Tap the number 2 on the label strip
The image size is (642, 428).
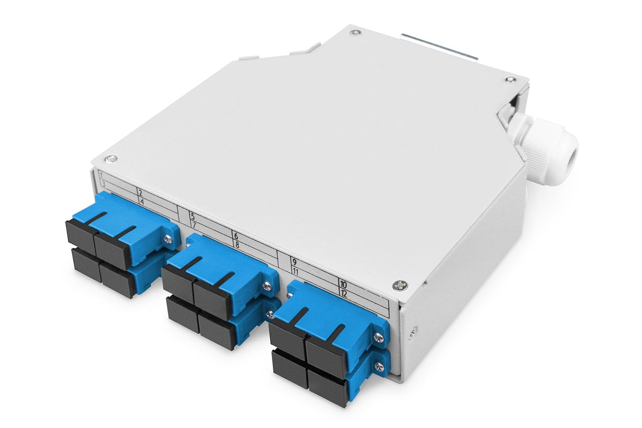tap(140, 193)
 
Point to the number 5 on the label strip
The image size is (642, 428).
tap(192, 216)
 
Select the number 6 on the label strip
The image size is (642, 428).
tap(235, 235)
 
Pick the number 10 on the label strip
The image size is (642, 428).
tap(343, 284)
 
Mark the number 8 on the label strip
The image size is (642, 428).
tap(236, 244)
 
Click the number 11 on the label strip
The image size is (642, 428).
tap(296, 271)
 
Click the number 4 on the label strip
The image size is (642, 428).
tap(141, 202)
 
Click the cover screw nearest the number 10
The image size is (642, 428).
tap(400, 286)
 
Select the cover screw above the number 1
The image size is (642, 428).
tap(111, 159)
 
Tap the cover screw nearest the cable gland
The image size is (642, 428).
tap(509, 79)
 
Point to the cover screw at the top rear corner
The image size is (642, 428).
tap(355, 32)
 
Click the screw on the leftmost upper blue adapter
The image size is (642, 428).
tap(168, 239)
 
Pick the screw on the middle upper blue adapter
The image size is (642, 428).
tap(268, 286)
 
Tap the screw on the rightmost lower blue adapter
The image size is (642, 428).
tap(379, 366)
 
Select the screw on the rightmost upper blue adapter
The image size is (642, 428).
tap(379, 337)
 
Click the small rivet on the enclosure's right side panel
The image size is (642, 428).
tap(413, 332)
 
